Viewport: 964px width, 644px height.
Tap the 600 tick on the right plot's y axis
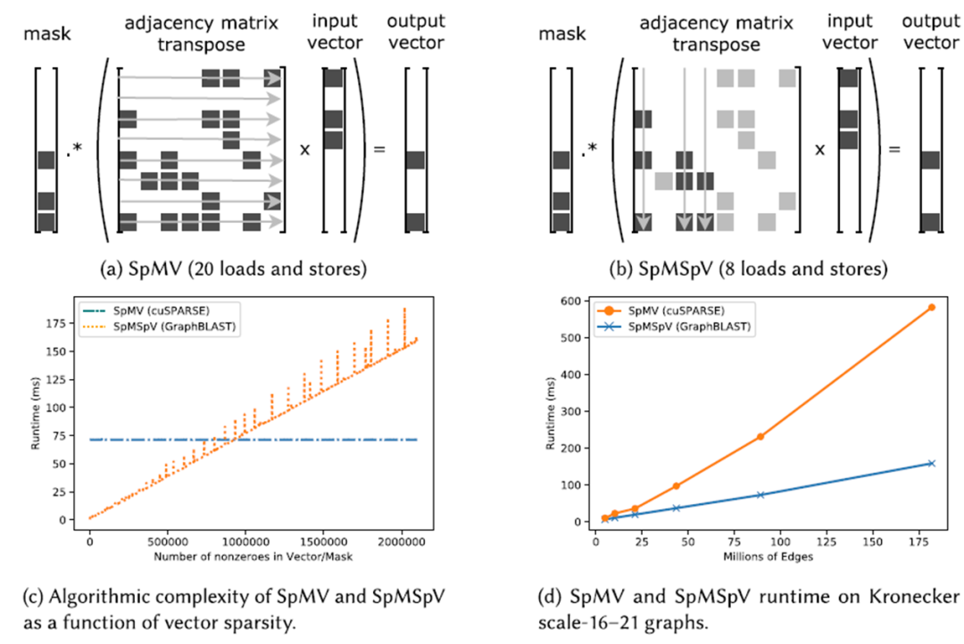576,302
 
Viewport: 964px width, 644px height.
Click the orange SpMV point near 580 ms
931,307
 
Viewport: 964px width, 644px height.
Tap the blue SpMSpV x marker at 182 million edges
931,463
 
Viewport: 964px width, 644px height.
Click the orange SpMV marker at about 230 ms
760,436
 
